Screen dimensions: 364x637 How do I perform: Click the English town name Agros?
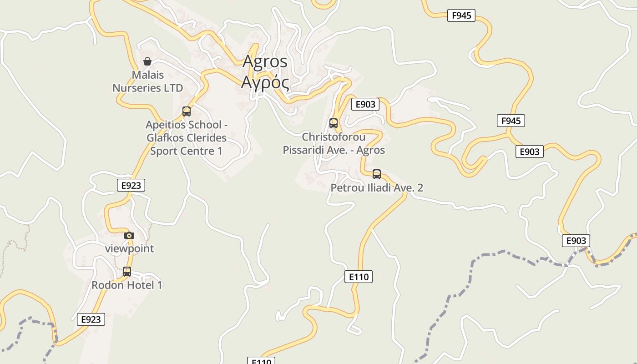(265, 61)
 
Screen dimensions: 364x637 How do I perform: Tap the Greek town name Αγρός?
(265, 82)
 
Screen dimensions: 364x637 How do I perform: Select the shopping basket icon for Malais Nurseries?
(147, 61)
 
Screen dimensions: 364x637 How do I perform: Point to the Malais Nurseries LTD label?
(147, 81)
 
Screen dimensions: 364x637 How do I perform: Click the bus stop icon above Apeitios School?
(186, 111)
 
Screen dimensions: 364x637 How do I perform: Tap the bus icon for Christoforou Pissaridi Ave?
(334, 123)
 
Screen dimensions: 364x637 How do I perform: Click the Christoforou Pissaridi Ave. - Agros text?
(334, 143)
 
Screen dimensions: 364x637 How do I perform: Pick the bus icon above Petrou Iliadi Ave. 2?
(377, 174)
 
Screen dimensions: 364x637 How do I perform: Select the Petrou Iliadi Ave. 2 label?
(377, 187)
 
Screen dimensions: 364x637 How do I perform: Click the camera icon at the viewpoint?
(129, 235)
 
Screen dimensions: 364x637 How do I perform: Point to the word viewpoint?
(129, 248)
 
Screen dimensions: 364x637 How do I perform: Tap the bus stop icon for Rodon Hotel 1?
(127, 272)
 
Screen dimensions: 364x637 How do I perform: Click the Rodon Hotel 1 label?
(127, 285)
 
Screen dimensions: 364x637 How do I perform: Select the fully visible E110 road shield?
(359, 276)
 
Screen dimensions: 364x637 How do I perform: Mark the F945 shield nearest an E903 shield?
(511, 121)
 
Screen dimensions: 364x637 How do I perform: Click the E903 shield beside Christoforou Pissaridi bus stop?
(365, 104)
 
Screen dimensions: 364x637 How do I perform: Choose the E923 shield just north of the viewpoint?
(131, 185)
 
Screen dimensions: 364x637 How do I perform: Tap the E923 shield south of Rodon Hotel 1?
(91, 319)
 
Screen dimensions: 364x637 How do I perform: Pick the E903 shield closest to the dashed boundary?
(576, 240)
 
